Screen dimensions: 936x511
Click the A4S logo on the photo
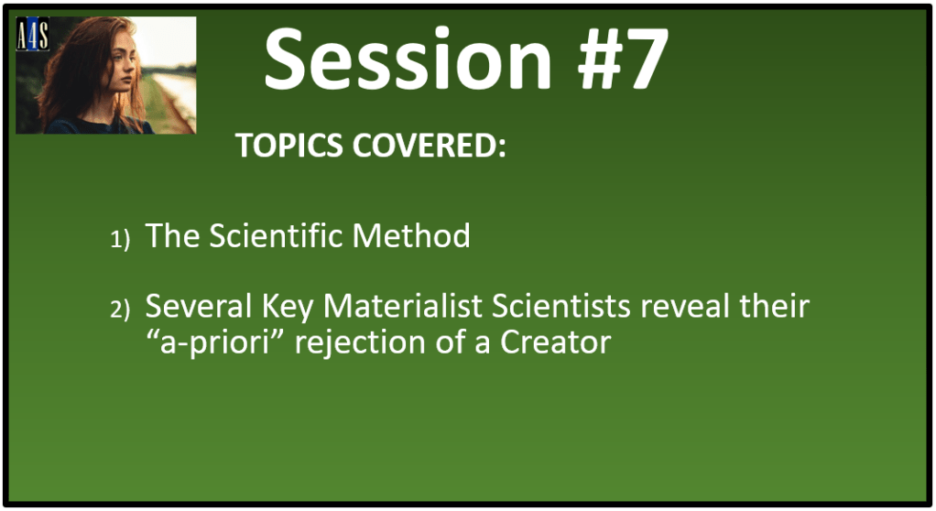pos(32,34)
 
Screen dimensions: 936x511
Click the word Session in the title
pos(408,60)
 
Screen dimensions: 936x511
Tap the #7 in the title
pos(622,60)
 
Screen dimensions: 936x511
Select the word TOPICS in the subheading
pos(288,145)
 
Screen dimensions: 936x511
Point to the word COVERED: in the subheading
pos(430,145)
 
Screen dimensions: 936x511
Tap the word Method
pos(411,235)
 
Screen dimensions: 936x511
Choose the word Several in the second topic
pos(199,306)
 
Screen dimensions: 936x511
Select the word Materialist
pos(403,306)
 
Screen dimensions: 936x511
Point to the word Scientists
pos(561,306)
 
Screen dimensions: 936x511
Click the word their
pos(775,306)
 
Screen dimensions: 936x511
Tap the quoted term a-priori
pos(215,343)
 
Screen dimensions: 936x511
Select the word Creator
pos(556,342)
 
